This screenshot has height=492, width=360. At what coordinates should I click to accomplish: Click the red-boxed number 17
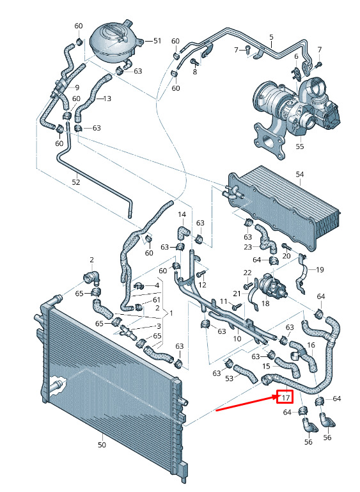click(285, 398)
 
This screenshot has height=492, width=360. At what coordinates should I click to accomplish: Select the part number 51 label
click(157, 41)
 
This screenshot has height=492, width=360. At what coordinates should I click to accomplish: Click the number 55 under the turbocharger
click(300, 147)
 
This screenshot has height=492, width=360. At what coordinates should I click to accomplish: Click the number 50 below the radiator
click(102, 444)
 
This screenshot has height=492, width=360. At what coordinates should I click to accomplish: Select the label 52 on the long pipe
click(76, 182)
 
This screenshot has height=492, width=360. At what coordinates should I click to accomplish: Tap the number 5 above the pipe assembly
click(271, 37)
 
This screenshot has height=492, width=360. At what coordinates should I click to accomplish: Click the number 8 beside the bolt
click(195, 72)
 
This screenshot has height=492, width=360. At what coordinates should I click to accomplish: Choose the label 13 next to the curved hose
click(107, 99)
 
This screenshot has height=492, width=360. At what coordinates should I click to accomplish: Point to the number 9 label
click(77, 88)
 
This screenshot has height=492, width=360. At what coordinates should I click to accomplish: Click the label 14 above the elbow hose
click(182, 214)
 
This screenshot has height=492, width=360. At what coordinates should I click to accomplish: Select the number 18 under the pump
click(265, 304)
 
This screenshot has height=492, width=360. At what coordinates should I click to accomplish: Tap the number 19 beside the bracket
click(320, 269)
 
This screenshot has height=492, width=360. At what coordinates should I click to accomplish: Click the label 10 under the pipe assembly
click(237, 338)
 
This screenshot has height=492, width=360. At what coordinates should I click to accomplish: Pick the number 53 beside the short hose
click(229, 378)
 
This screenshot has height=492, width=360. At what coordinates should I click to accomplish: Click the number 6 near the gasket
click(296, 56)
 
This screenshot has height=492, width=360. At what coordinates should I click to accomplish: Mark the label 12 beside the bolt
click(203, 285)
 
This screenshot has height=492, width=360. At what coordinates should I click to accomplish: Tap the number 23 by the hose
click(247, 247)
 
